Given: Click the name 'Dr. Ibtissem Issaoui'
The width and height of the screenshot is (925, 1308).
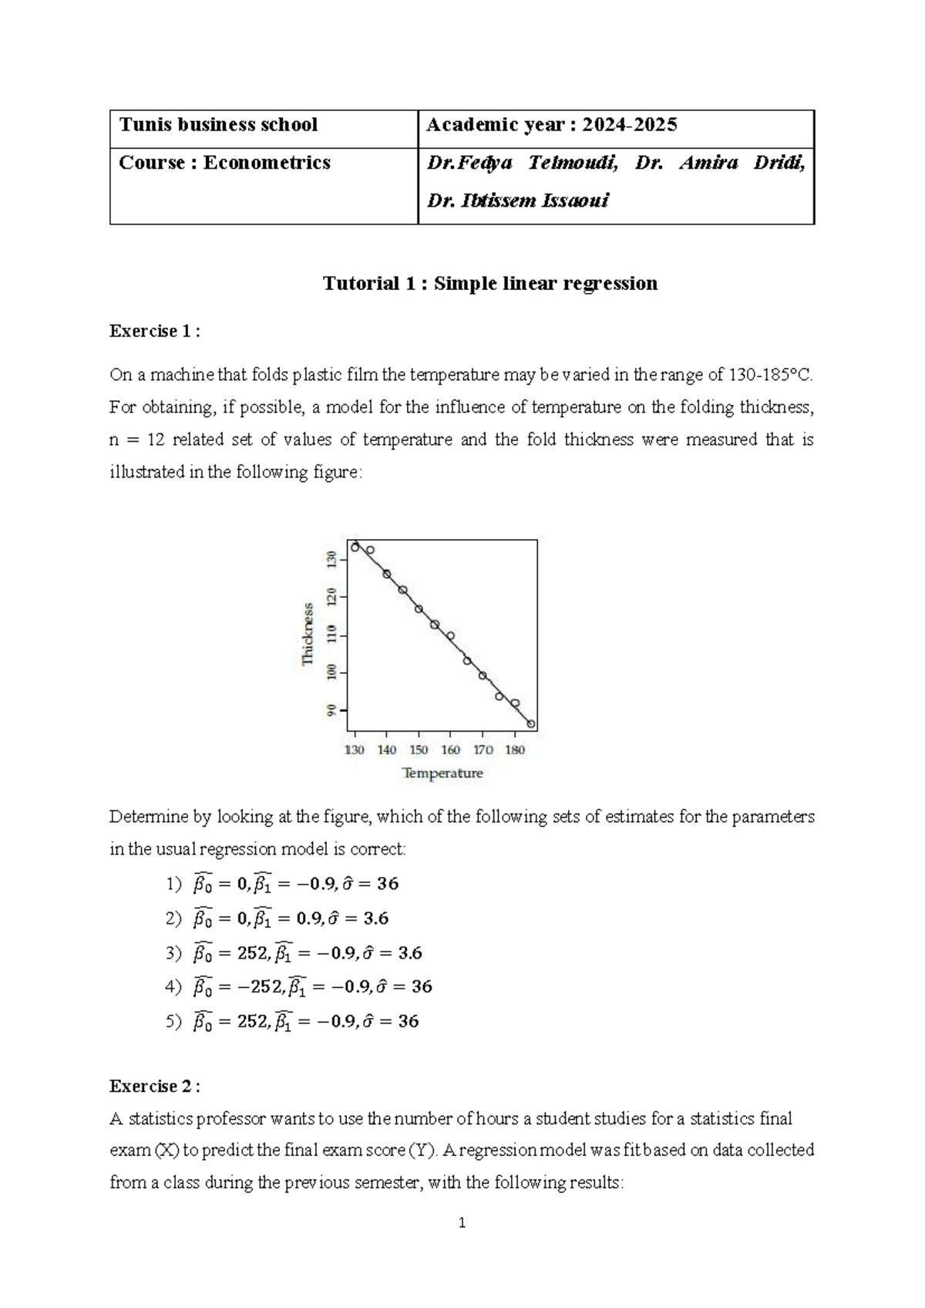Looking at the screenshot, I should click(x=518, y=201).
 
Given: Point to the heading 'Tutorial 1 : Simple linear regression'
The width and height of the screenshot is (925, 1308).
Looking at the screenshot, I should click(x=490, y=283).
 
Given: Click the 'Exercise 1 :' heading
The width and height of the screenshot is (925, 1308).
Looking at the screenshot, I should click(x=155, y=332).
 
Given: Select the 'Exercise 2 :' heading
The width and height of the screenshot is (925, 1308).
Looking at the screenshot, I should click(x=155, y=1087).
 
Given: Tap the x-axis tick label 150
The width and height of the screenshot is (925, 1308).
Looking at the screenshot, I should click(x=419, y=750).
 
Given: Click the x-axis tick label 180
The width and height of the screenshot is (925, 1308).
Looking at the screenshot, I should click(x=515, y=750).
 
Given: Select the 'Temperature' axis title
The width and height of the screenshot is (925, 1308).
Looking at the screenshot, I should click(x=442, y=773).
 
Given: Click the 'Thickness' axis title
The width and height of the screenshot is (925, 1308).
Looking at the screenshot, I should click(x=308, y=634).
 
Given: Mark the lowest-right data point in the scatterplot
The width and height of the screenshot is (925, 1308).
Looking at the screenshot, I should click(x=531, y=724).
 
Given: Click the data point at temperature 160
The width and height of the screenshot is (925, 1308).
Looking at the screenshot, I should click(x=450, y=636).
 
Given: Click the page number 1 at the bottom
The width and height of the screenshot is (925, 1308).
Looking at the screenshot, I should click(x=462, y=1222).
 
